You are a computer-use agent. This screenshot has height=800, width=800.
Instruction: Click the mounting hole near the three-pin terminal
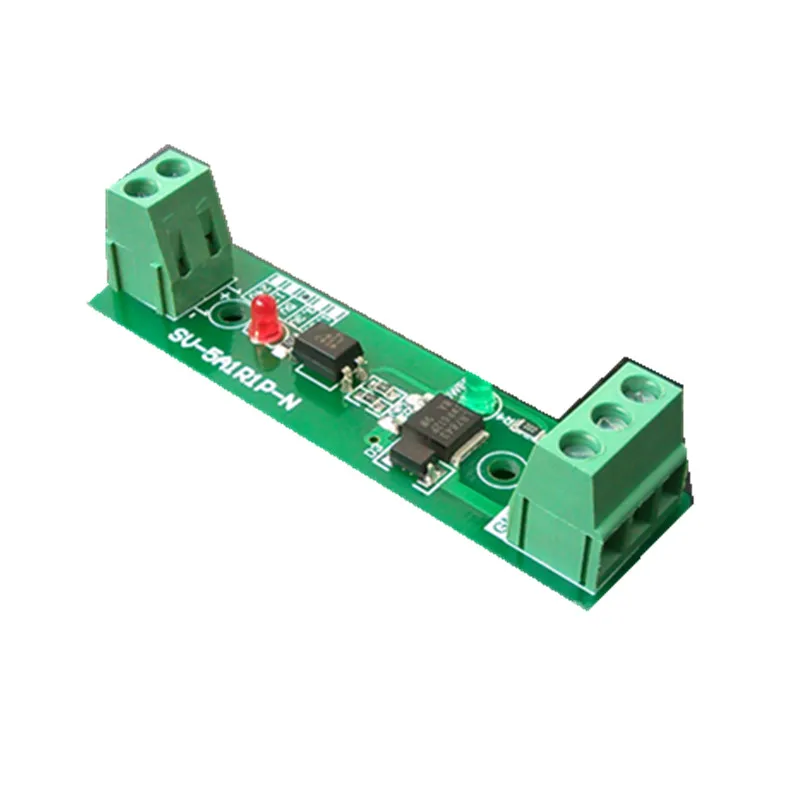[497, 467]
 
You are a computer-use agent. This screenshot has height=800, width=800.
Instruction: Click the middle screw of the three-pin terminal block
[609, 415]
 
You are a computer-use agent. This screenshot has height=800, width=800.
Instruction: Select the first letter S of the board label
[177, 338]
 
